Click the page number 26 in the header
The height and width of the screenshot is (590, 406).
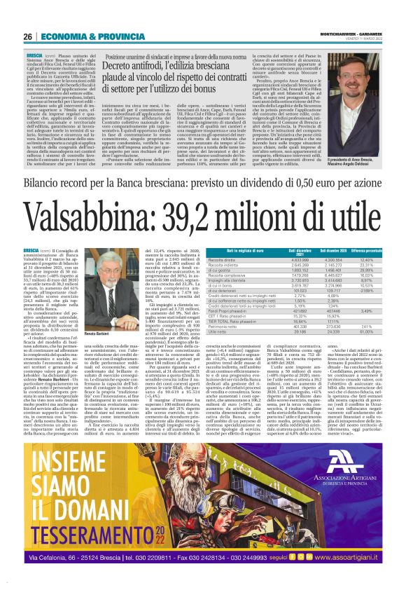[x=28, y=36]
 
